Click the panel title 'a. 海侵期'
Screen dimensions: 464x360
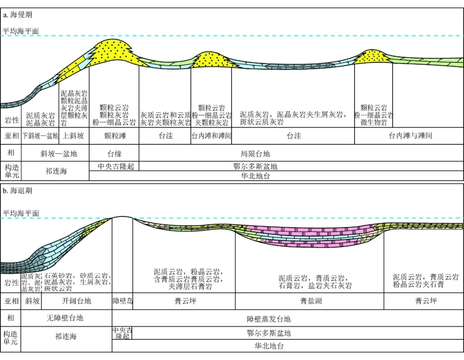(18, 15)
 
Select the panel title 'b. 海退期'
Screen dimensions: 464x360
(18, 190)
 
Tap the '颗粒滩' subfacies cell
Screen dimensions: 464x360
(114, 136)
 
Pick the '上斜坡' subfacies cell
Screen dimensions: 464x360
(76, 136)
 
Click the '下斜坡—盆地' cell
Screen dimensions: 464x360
(40, 136)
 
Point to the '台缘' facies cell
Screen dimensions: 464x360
(114, 153)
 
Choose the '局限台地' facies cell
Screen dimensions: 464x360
(255, 153)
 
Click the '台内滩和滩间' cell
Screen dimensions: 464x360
(211, 136)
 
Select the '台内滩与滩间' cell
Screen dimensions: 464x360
(410, 136)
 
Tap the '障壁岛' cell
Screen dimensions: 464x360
(122, 301)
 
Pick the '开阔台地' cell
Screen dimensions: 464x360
(76, 301)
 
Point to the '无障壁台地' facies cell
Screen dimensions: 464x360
(65, 318)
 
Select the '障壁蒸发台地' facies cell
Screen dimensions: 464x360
(269, 319)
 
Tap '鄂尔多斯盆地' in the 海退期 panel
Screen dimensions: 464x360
(269, 333)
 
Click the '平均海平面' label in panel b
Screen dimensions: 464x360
(21, 213)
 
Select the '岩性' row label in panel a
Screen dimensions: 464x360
(12, 119)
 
